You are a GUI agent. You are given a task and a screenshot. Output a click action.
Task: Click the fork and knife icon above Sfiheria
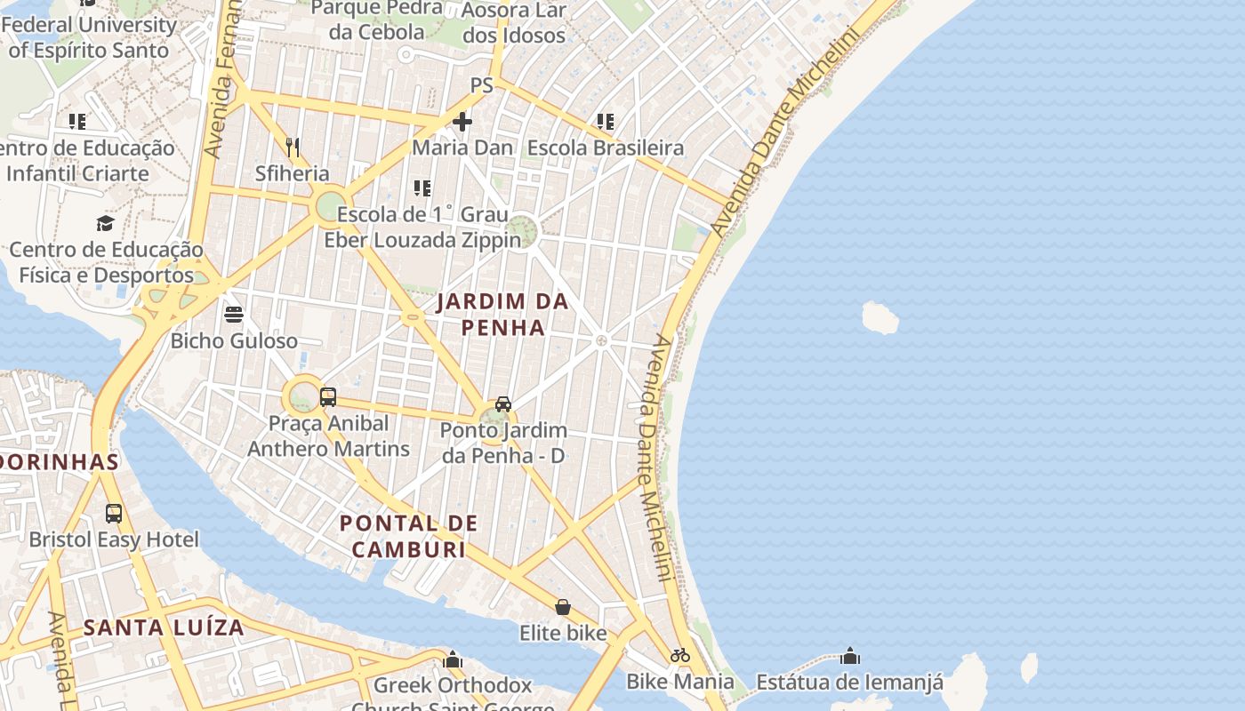[292, 147]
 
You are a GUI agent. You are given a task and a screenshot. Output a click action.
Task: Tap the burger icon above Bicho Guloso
[234, 314]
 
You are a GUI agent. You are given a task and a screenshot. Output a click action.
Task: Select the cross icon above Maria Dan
[462, 121]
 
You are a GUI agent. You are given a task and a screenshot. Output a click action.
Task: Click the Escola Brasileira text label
[606, 148]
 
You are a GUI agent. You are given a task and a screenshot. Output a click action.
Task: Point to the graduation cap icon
[106, 223]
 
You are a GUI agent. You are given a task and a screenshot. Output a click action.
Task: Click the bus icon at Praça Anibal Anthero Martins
[328, 396]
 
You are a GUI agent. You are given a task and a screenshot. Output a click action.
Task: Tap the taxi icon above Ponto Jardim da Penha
[503, 404]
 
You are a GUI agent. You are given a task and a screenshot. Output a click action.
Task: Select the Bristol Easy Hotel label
[114, 539]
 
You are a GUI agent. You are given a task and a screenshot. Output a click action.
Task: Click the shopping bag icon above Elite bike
[563, 607]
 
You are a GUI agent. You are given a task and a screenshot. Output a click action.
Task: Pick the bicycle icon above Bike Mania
[680, 655]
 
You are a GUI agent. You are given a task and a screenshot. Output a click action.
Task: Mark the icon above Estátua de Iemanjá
[850, 656]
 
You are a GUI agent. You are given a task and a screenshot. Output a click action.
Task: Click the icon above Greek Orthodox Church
[453, 659]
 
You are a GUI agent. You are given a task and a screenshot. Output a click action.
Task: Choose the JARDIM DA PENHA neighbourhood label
[502, 315]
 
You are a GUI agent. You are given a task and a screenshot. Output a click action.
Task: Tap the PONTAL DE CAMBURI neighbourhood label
[409, 536]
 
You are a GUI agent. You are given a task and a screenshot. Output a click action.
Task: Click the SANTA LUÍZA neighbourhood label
[164, 627]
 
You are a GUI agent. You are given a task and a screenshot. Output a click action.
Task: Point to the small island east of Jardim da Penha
[880, 317]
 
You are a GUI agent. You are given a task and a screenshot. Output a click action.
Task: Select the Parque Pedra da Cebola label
[377, 20]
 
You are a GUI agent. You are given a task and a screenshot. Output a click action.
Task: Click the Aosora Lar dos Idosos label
[514, 23]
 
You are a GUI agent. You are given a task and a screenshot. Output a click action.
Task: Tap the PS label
[481, 85]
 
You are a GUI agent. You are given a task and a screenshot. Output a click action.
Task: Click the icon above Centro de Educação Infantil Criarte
[77, 121]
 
